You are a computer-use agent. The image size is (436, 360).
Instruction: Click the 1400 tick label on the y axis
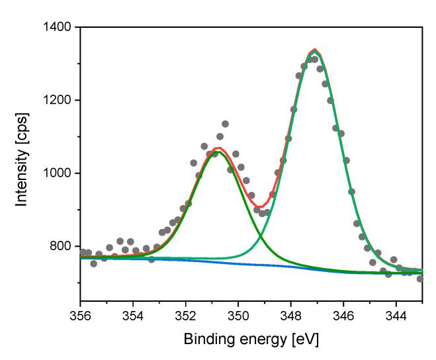pyautogui.click(x=58, y=28)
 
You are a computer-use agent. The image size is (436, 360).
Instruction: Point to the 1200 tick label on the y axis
pyautogui.click(x=58, y=101)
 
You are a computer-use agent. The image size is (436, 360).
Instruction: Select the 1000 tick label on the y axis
pyautogui.click(x=58, y=173)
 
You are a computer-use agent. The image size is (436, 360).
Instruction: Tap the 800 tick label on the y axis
pyautogui.click(x=62, y=246)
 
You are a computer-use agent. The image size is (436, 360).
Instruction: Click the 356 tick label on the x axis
pyautogui.click(x=80, y=315)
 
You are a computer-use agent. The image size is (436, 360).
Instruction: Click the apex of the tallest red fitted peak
pyautogui.click(x=314, y=50)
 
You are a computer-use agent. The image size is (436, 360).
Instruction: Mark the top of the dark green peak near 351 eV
pyautogui.click(x=215, y=152)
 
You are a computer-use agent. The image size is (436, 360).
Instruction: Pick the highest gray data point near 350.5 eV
pyautogui.click(x=225, y=124)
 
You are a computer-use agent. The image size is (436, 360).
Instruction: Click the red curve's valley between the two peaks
pyautogui.click(x=262, y=206)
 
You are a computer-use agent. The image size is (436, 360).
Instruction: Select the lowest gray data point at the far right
pyautogui.click(x=420, y=279)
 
